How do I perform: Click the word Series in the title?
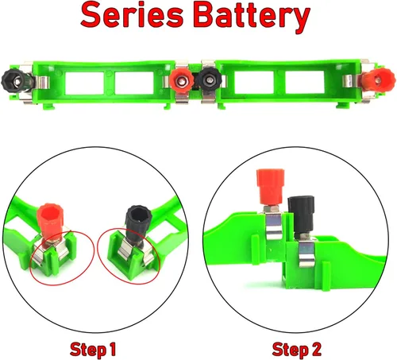point(132,15)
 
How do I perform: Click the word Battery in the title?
point(252,17)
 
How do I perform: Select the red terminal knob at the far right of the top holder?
point(378,79)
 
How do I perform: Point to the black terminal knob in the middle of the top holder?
point(210,79)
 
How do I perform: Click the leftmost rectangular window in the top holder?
point(84,83)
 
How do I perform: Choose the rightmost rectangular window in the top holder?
point(305,82)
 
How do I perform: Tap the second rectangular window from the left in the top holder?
point(134,83)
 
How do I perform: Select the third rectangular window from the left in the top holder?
point(254,82)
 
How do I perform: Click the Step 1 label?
point(93,350)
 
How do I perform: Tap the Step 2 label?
point(296,350)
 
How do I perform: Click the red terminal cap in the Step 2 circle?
point(271,187)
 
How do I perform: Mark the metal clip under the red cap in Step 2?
point(274,226)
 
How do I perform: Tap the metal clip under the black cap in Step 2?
point(306,253)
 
